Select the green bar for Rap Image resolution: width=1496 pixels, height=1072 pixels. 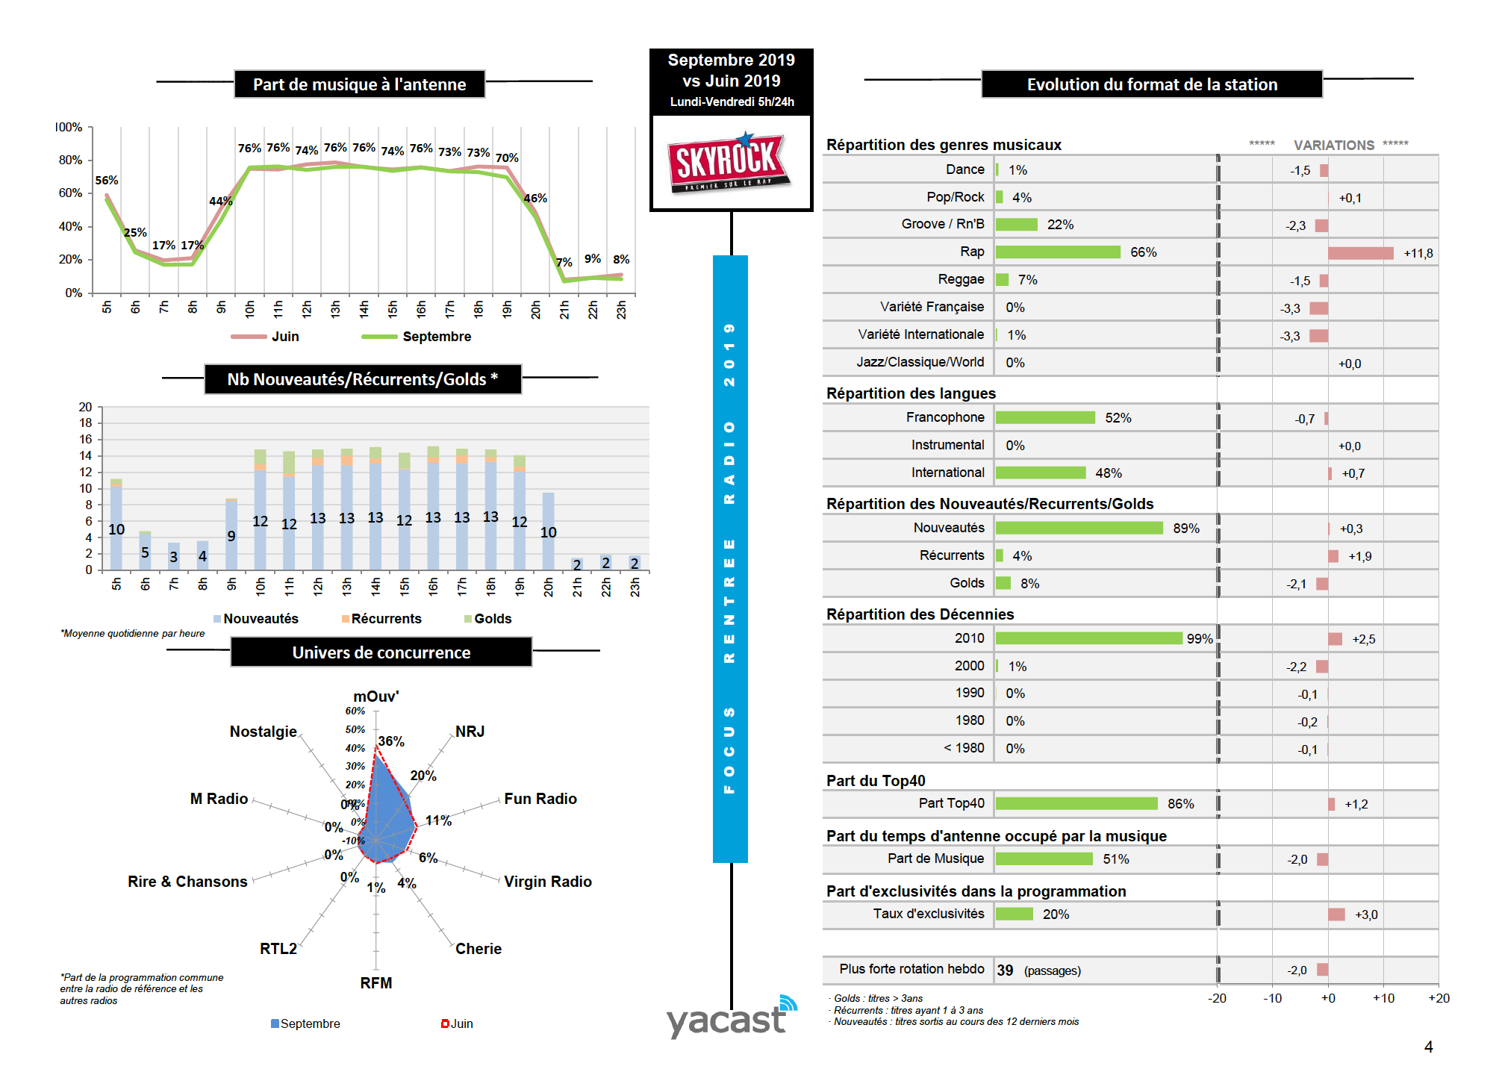point(1057,252)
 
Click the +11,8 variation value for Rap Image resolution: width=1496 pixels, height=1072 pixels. point(1418,254)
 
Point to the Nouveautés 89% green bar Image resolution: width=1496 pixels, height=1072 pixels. point(1079,529)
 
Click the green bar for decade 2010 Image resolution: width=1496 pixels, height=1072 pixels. point(1088,638)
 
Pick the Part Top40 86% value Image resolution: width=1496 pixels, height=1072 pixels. point(1180,804)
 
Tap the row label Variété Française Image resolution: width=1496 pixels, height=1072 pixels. point(932,307)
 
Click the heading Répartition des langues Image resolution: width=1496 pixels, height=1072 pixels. point(911,393)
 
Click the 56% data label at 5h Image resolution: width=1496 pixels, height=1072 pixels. point(107,181)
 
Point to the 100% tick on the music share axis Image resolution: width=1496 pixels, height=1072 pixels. point(69,128)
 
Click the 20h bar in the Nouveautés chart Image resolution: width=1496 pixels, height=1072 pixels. point(548,531)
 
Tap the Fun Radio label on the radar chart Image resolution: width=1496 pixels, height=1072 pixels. point(540,799)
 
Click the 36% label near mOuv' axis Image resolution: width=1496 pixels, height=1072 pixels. point(391,741)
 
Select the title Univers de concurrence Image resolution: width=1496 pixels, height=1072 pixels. point(381,652)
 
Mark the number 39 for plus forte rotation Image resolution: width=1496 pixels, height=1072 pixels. point(1005,970)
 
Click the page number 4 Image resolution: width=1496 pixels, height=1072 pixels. point(1428,1047)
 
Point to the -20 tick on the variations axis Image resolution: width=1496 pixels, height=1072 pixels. point(1217,999)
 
